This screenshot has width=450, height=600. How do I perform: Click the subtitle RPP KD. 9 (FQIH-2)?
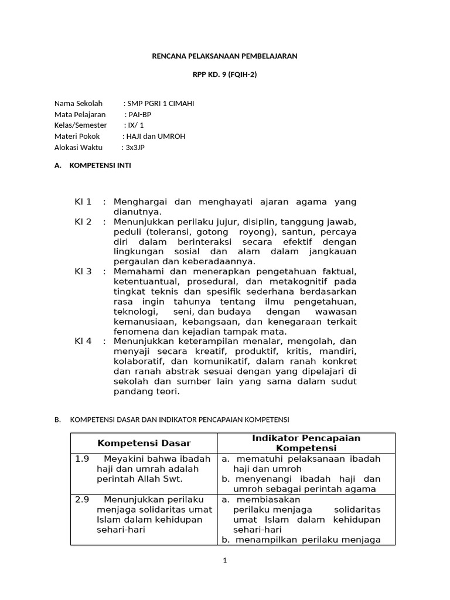[225, 74]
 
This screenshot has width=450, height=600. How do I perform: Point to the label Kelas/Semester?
[81, 125]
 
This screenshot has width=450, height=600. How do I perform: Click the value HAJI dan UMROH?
[158, 137]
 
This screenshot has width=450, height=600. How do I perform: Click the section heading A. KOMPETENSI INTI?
[93, 166]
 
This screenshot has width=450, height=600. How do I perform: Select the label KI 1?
[83, 202]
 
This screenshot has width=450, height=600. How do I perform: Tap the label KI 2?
[83, 222]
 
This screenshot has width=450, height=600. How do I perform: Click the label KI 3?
[83, 272]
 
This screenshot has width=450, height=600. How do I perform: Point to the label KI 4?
[83, 341]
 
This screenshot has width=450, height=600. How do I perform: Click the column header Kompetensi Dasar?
[144, 444]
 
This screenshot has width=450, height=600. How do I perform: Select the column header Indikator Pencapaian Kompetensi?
[306, 444]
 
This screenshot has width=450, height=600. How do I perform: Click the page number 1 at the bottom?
[224, 560]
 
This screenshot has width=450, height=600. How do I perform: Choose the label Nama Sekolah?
[78, 104]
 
